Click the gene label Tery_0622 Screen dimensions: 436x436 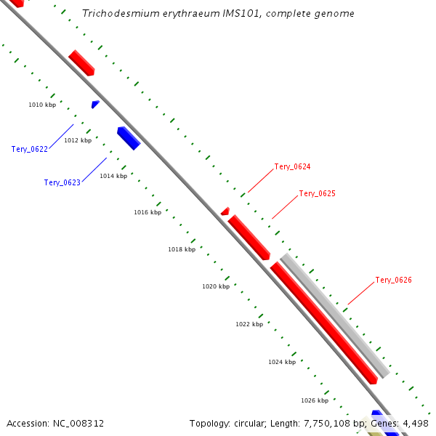(30, 149)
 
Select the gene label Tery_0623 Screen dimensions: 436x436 (62, 182)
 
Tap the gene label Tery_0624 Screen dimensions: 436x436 (292, 167)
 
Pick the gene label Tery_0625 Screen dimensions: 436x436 (317, 194)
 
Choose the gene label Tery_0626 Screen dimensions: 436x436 (393, 280)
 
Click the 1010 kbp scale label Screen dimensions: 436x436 (42, 105)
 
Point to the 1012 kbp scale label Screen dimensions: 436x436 (78, 140)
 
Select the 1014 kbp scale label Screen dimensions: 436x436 (113, 176)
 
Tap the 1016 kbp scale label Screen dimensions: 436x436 (148, 212)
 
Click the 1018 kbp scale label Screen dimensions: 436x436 (182, 249)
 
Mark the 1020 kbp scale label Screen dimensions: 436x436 (216, 286)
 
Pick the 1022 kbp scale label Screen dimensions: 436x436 (249, 324)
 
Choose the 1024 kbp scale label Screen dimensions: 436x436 (282, 362)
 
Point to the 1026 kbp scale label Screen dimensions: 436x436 (315, 400)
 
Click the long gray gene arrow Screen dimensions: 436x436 (336, 315)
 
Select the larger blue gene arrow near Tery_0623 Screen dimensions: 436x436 (128, 137)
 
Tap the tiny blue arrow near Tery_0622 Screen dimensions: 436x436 (95, 105)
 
